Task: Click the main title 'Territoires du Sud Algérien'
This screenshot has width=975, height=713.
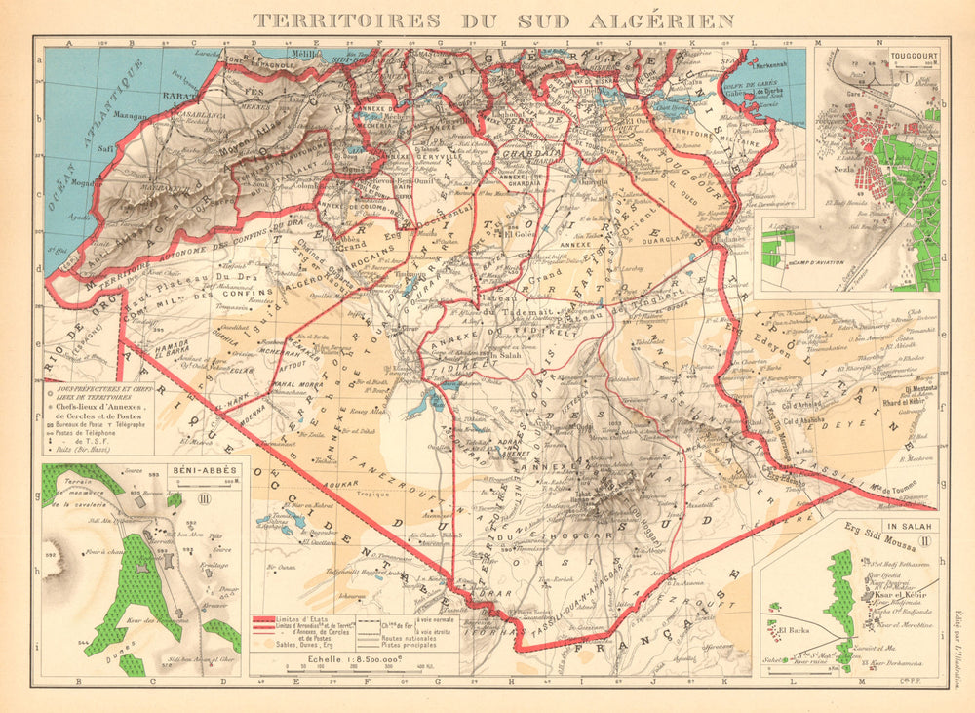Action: [494, 20]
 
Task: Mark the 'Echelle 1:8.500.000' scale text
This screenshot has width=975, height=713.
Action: [339, 658]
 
